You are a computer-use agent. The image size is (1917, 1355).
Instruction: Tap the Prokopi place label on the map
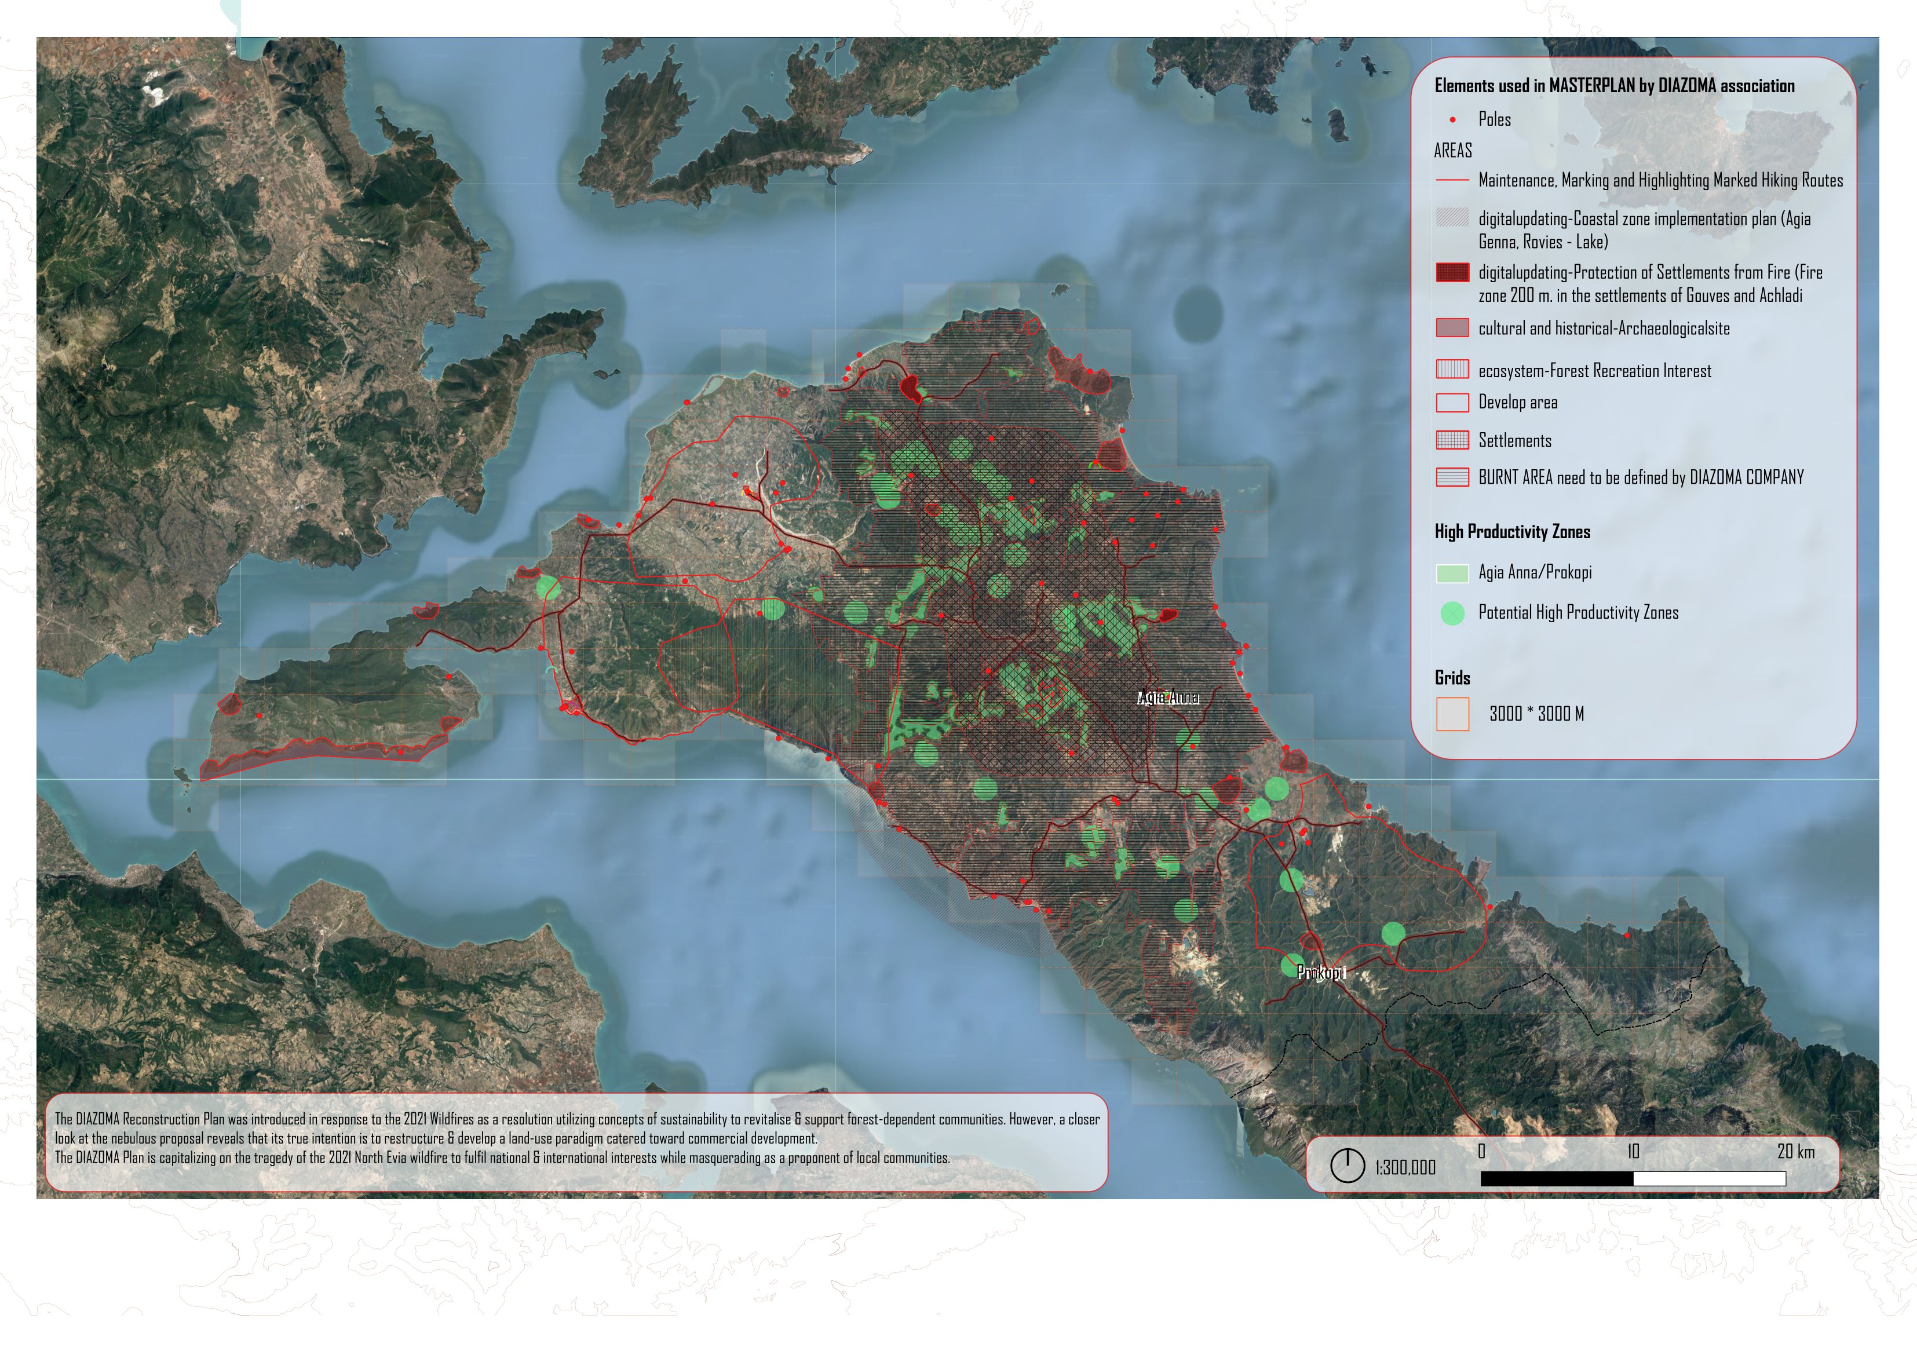pos(1320,972)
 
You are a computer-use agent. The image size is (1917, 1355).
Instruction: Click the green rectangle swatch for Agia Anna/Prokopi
pos(1452,574)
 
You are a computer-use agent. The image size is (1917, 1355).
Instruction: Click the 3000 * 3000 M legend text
pos(1536,714)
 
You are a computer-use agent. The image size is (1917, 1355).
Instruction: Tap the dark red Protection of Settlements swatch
pos(1452,273)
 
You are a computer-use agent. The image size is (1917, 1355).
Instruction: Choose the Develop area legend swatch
pos(1452,403)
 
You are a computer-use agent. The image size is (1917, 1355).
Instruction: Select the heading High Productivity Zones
pos(1512,532)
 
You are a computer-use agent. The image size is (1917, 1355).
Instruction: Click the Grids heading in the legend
pos(1452,678)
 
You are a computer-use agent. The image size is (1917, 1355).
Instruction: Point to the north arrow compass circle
pos(1347,1166)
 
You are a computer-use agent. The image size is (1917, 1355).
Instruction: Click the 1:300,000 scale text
pos(1405,1167)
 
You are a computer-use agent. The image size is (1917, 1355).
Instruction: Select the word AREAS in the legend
pos(1453,151)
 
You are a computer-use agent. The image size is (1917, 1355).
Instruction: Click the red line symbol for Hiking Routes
pos(1452,180)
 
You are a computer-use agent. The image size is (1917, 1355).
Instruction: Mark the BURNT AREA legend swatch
pos(1452,477)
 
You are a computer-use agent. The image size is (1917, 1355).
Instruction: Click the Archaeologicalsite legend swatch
pos(1452,328)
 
